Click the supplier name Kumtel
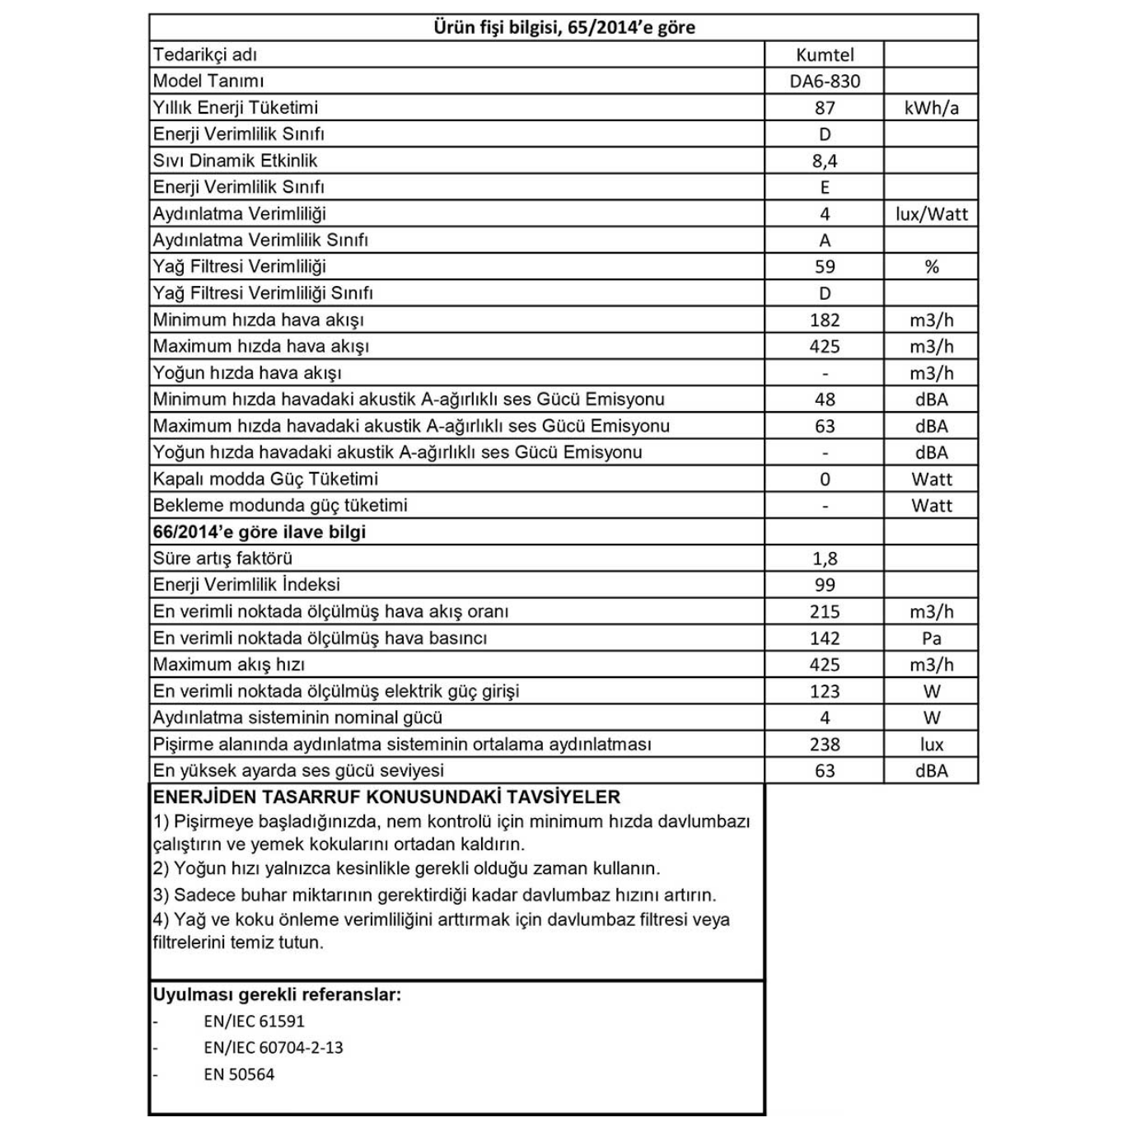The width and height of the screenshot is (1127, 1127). click(825, 55)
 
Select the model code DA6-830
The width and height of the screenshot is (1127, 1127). click(825, 82)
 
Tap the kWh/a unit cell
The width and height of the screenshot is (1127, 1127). click(931, 108)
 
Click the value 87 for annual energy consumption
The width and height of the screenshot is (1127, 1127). click(825, 108)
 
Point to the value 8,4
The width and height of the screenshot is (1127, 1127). click(825, 161)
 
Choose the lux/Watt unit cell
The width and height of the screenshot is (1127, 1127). click(931, 214)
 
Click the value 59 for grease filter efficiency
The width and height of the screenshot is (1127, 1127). click(825, 267)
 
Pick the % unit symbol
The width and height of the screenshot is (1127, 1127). click(931, 267)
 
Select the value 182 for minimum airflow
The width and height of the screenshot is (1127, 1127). click(825, 320)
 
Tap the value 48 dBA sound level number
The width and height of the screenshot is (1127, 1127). click(825, 400)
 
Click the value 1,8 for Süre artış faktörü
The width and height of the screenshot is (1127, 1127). click(825, 559)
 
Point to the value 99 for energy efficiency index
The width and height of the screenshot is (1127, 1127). click(825, 585)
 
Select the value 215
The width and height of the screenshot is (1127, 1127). click(825, 612)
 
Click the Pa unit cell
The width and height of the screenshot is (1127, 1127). click(931, 638)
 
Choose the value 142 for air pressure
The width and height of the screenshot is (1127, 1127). click(825, 638)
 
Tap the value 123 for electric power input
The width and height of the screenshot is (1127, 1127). click(825, 692)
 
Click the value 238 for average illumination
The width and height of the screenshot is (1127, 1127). click(825, 745)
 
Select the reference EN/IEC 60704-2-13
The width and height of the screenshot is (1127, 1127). click(274, 1048)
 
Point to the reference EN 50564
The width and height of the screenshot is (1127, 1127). click(239, 1074)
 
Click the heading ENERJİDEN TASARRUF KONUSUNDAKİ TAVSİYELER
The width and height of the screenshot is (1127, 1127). click(386, 797)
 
